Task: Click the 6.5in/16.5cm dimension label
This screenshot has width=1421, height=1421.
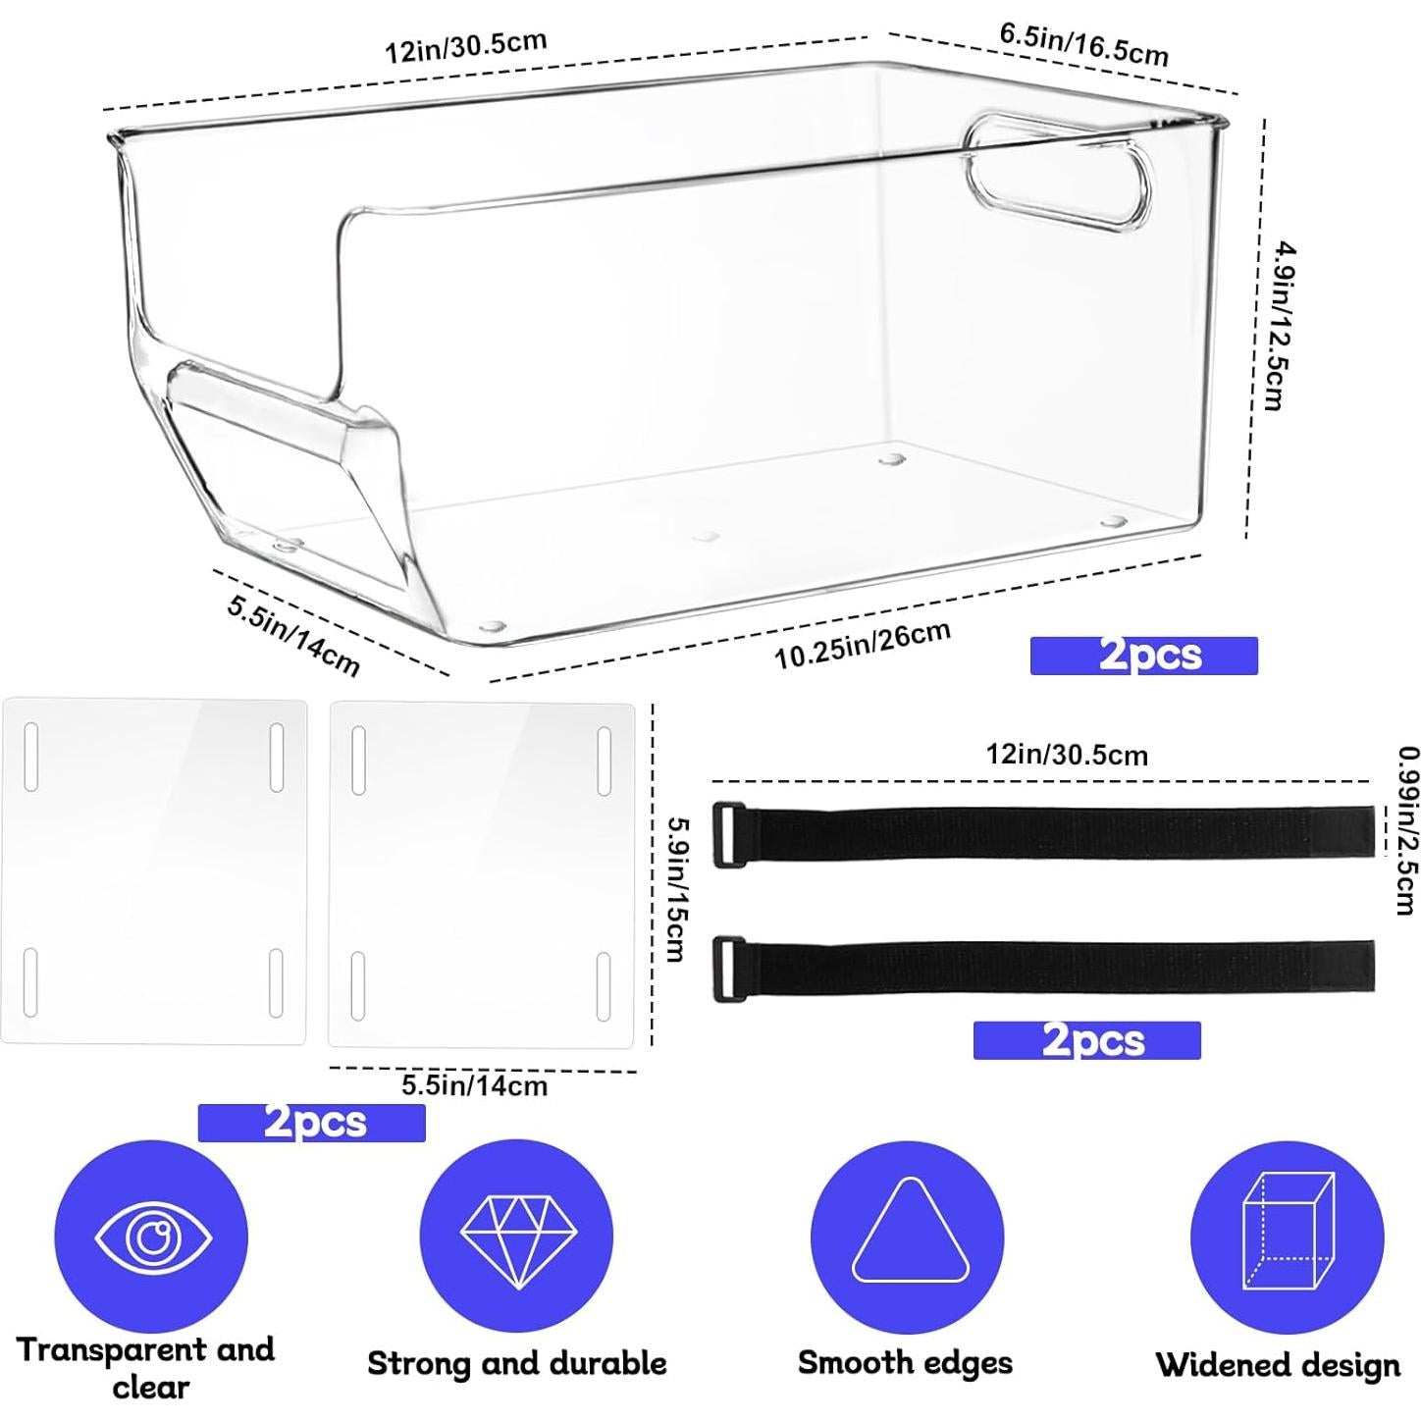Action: (1083, 44)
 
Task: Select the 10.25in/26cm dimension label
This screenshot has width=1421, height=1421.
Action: (862, 645)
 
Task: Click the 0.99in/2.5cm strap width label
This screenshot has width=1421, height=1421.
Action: (1407, 831)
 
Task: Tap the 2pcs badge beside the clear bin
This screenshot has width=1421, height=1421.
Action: (1143, 655)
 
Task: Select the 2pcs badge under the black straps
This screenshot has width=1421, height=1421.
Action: (1087, 1040)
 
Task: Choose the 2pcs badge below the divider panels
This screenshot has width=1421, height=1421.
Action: (311, 1123)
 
